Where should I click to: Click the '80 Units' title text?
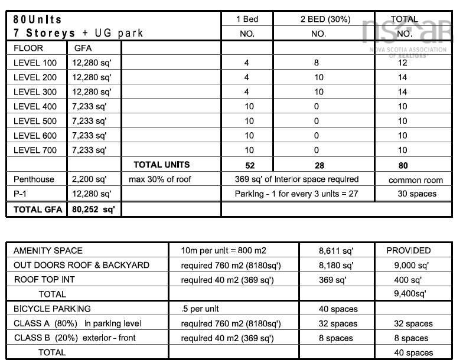click(x=37, y=19)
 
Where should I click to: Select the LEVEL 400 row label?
click(x=35, y=106)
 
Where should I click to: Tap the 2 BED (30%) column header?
click(x=317, y=19)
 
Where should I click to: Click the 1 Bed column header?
click(x=247, y=19)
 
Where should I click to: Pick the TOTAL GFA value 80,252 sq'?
click(x=93, y=209)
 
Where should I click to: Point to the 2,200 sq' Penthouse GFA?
click(x=89, y=179)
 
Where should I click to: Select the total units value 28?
click(x=317, y=165)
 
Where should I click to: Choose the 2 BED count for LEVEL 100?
click(x=317, y=63)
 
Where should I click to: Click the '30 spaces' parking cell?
click(x=414, y=194)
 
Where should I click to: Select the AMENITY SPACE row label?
click(x=48, y=251)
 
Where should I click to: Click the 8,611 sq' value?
click(x=335, y=251)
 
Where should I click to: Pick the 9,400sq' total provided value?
click(x=409, y=293)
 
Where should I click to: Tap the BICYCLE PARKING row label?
click(x=52, y=309)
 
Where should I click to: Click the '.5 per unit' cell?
click(x=200, y=309)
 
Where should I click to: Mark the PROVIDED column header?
click(x=409, y=251)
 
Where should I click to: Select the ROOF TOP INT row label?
click(x=44, y=280)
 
